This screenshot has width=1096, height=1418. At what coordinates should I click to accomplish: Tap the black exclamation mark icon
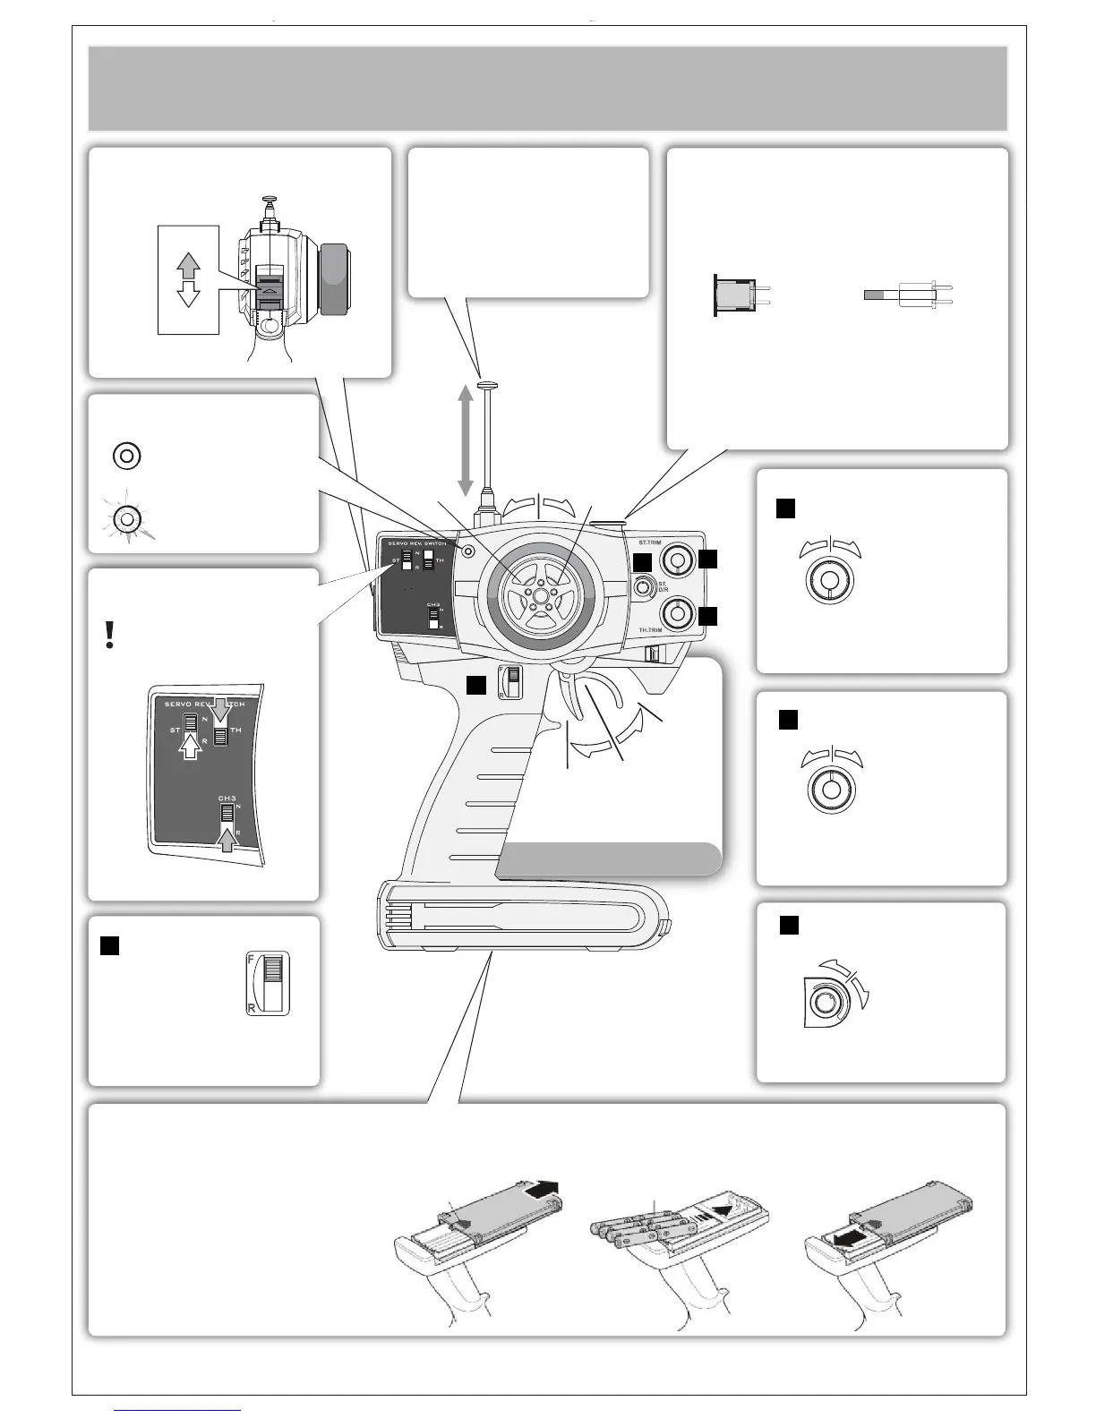(x=109, y=634)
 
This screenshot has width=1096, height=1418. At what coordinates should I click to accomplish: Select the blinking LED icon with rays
(x=127, y=519)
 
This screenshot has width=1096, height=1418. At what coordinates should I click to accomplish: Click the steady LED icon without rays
(x=127, y=456)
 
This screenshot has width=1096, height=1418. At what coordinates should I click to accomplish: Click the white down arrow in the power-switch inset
(x=188, y=295)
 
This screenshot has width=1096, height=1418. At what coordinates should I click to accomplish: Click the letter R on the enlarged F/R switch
(x=251, y=1008)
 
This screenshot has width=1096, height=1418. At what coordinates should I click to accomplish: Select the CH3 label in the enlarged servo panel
(x=227, y=797)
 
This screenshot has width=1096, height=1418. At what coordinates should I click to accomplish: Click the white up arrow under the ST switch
(x=191, y=743)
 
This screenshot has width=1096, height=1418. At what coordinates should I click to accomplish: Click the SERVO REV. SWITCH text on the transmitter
(x=417, y=543)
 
